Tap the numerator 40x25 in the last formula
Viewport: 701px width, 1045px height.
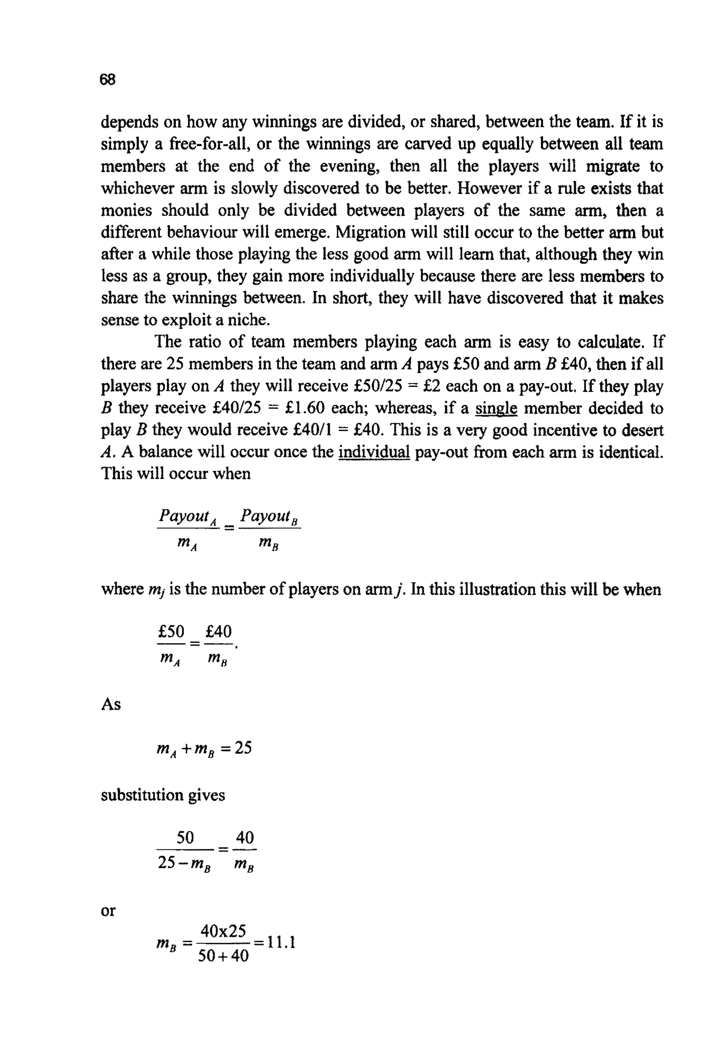pos(223,931)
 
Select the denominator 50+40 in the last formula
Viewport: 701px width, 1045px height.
pos(223,956)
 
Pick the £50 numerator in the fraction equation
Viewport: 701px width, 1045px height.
pos(171,632)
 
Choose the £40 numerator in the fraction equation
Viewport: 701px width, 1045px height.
pos(219,632)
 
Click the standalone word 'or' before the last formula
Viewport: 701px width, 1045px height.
pos(108,910)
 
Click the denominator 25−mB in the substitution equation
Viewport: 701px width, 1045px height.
pos(184,863)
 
